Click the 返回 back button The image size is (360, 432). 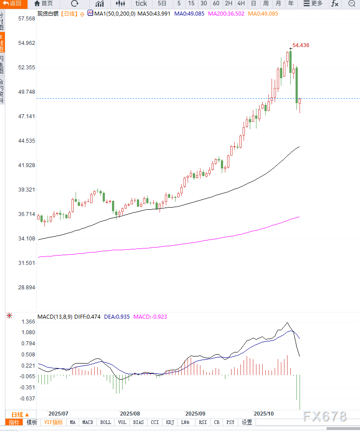pos(12,4)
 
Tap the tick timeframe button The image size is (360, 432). pos(141,4)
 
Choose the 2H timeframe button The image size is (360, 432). pos(228,4)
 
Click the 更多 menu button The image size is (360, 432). pos(313,4)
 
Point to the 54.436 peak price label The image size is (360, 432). pos(301,45)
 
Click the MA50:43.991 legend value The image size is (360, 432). pos(154,14)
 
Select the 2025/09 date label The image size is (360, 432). pos(196,413)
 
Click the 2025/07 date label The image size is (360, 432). pos(58,413)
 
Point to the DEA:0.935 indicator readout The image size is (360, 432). pos(117,317)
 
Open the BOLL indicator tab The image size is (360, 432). pos(106,422)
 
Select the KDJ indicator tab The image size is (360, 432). pos(170,422)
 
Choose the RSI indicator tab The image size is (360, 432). pos(203,422)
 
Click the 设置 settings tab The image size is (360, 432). pos(247,422)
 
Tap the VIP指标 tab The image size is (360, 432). pos(54,422)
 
